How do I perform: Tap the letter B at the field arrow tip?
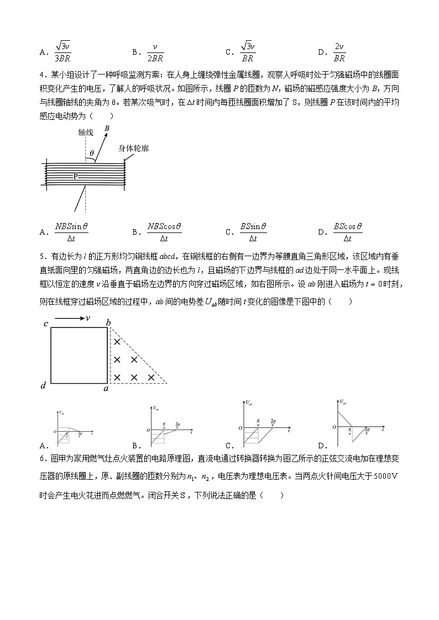tap(107, 128)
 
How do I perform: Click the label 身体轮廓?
tap(133, 148)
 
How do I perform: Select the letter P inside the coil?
tap(75, 177)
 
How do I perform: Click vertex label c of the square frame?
tap(46, 324)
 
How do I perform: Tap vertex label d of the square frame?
tap(43, 385)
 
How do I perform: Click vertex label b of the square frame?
tap(109, 322)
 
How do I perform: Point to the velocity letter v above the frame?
tap(87, 318)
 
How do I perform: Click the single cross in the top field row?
tap(117, 342)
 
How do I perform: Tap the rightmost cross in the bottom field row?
tap(151, 378)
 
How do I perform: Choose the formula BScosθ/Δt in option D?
tap(347, 232)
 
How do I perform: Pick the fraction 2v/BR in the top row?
tap(339, 52)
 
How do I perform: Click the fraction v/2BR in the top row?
tap(154, 52)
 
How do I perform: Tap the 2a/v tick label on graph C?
tap(273, 422)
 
